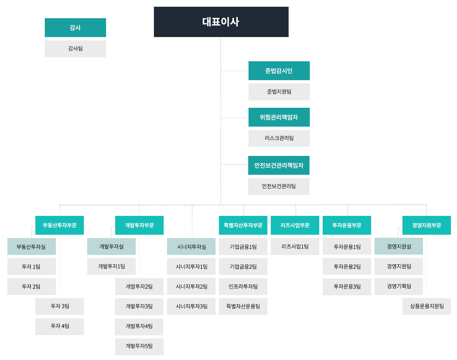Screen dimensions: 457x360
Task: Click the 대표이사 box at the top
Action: [221, 22]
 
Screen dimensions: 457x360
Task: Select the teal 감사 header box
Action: [75, 28]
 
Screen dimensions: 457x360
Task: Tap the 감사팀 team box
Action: [75, 48]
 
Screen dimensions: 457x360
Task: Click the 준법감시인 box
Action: [279, 71]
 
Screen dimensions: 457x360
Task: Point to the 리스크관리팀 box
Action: [279, 138]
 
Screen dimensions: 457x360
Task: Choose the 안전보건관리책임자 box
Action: [279, 165]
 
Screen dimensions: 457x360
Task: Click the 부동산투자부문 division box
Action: [60, 225]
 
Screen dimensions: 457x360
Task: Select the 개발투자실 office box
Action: [111, 247]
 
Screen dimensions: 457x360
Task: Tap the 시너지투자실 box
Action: [191, 247]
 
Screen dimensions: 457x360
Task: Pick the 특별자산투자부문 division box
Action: [243, 225]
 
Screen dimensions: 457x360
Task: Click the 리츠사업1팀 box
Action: [295, 247]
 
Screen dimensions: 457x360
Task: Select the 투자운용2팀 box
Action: [347, 266]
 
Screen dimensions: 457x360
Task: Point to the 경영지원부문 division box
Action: [427, 225]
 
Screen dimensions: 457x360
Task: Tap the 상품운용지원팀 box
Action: [427, 306]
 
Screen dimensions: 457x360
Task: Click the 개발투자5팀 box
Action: [139, 347]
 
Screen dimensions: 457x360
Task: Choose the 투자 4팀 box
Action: [60, 326]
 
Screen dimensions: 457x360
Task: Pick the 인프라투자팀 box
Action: [243, 287]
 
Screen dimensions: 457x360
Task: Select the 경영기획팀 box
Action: [399, 287]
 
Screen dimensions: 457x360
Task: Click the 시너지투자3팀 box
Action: [191, 306]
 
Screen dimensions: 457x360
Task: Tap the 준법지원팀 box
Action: [279, 92]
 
